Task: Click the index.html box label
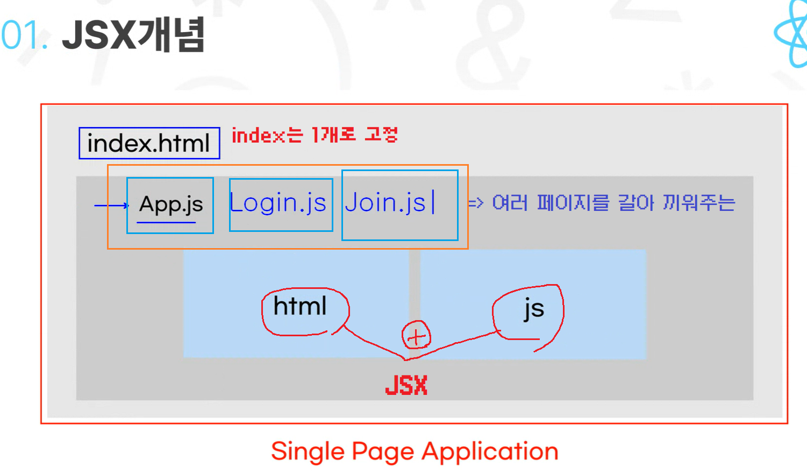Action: tap(149, 144)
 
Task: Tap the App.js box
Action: tap(170, 205)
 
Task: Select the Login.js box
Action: tap(280, 204)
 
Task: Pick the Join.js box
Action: tap(399, 204)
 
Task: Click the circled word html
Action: tap(300, 307)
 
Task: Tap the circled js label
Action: tap(533, 309)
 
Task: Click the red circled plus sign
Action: tap(416, 336)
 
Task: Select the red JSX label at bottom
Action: tap(406, 385)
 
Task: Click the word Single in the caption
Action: tap(308, 452)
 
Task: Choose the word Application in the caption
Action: tap(490, 452)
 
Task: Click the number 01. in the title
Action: tap(24, 36)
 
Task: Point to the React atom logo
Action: tap(792, 33)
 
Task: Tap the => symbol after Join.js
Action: tap(475, 203)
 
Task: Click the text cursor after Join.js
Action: tap(433, 202)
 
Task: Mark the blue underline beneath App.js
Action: tap(166, 222)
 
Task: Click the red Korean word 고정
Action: tap(381, 135)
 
